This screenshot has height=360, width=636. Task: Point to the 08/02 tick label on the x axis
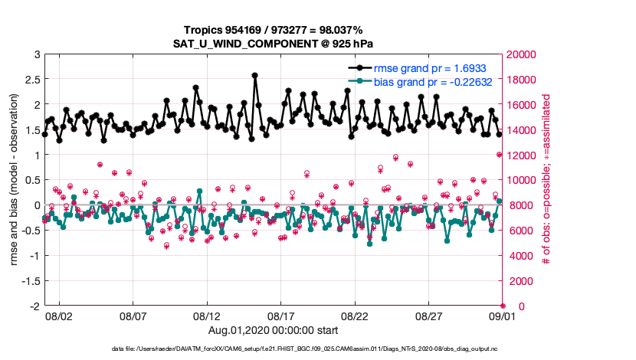(x=59, y=316)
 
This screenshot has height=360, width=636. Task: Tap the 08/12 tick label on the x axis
(x=207, y=316)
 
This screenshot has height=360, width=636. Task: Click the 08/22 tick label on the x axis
(x=355, y=316)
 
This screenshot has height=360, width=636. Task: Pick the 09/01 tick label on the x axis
(x=502, y=316)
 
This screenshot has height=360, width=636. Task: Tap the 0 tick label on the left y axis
(x=36, y=205)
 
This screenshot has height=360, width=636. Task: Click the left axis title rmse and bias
(x=15, y=180)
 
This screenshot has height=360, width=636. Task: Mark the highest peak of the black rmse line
(x=255, y=75)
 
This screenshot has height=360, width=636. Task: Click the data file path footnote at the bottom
(x=317, y=349)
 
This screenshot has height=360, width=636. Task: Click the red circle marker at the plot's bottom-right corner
(x=503, y=306)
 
